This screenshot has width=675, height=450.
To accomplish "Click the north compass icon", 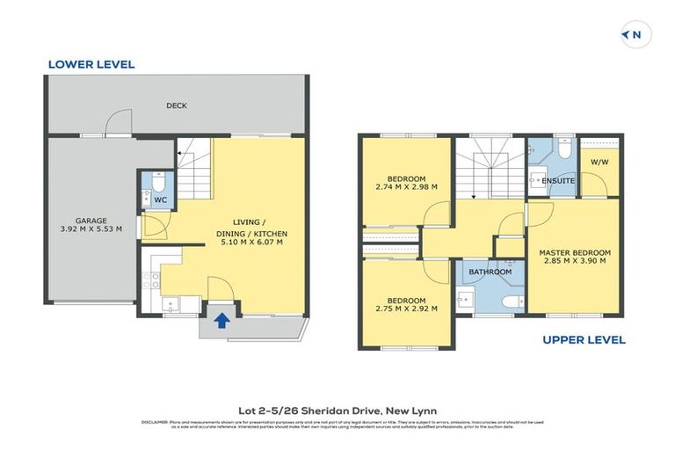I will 635,35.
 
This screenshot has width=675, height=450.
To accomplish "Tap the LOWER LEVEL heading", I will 91,64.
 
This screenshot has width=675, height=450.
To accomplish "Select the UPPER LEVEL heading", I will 584,340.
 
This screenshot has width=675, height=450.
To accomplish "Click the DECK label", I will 177,106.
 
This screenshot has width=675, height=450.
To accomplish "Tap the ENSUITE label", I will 558,181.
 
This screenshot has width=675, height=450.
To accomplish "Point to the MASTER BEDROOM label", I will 575,252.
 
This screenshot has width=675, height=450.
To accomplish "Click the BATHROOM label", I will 490,272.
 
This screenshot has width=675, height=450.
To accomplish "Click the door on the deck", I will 118,127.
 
